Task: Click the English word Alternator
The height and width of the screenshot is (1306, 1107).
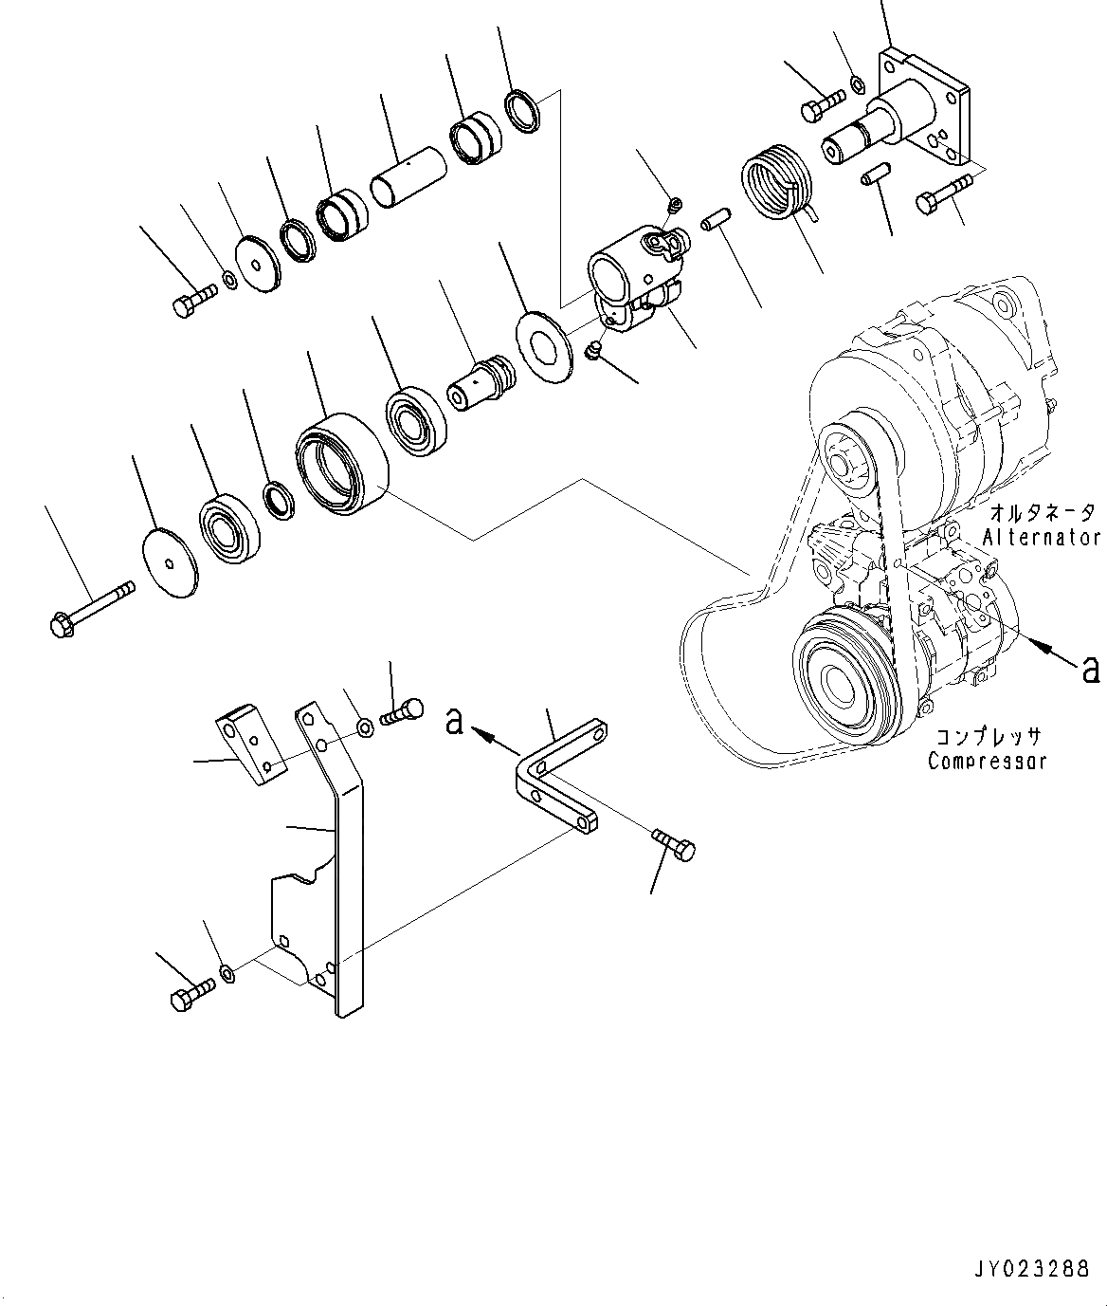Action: [x=1041, y=537]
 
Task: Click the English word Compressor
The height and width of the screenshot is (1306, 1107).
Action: [x=988, y=761]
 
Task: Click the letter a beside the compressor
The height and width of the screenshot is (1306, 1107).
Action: [x=1090, y=669]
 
